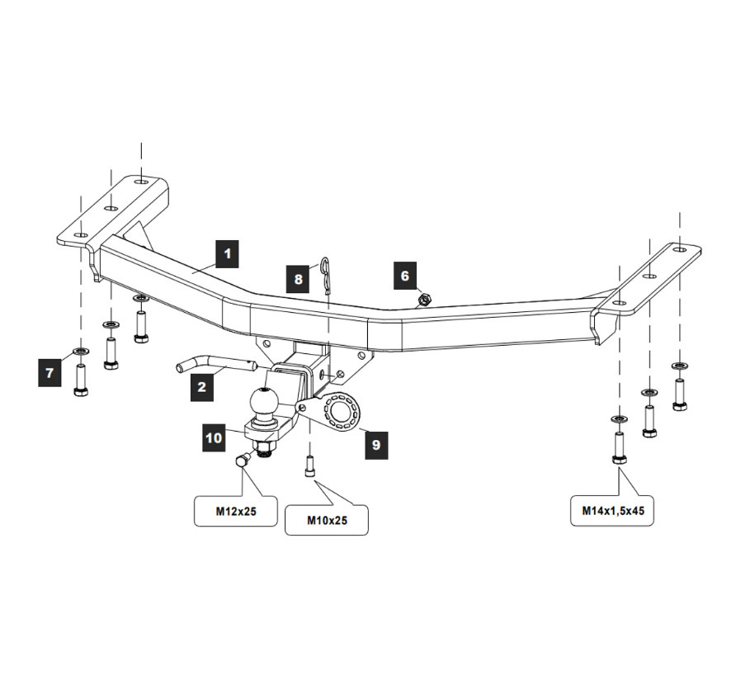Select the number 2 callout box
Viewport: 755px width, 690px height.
tap(201, 388)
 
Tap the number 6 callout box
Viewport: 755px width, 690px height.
tap(404, 276)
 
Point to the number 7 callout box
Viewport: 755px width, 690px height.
tap(50, 373)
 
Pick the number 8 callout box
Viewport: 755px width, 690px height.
tap(299, 279)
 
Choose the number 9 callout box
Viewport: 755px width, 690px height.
tap(375, 445)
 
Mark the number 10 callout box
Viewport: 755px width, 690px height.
tap(215, 437)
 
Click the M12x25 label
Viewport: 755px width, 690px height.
tap(236, 511)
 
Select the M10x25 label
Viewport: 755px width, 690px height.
tap(327, 520)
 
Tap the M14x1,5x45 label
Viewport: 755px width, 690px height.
tap(612, 511)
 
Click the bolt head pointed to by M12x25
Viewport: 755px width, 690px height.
tap(243, 462)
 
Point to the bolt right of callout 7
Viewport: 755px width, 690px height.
tap(81, 380)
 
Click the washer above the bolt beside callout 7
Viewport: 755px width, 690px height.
tap(81, 352)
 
